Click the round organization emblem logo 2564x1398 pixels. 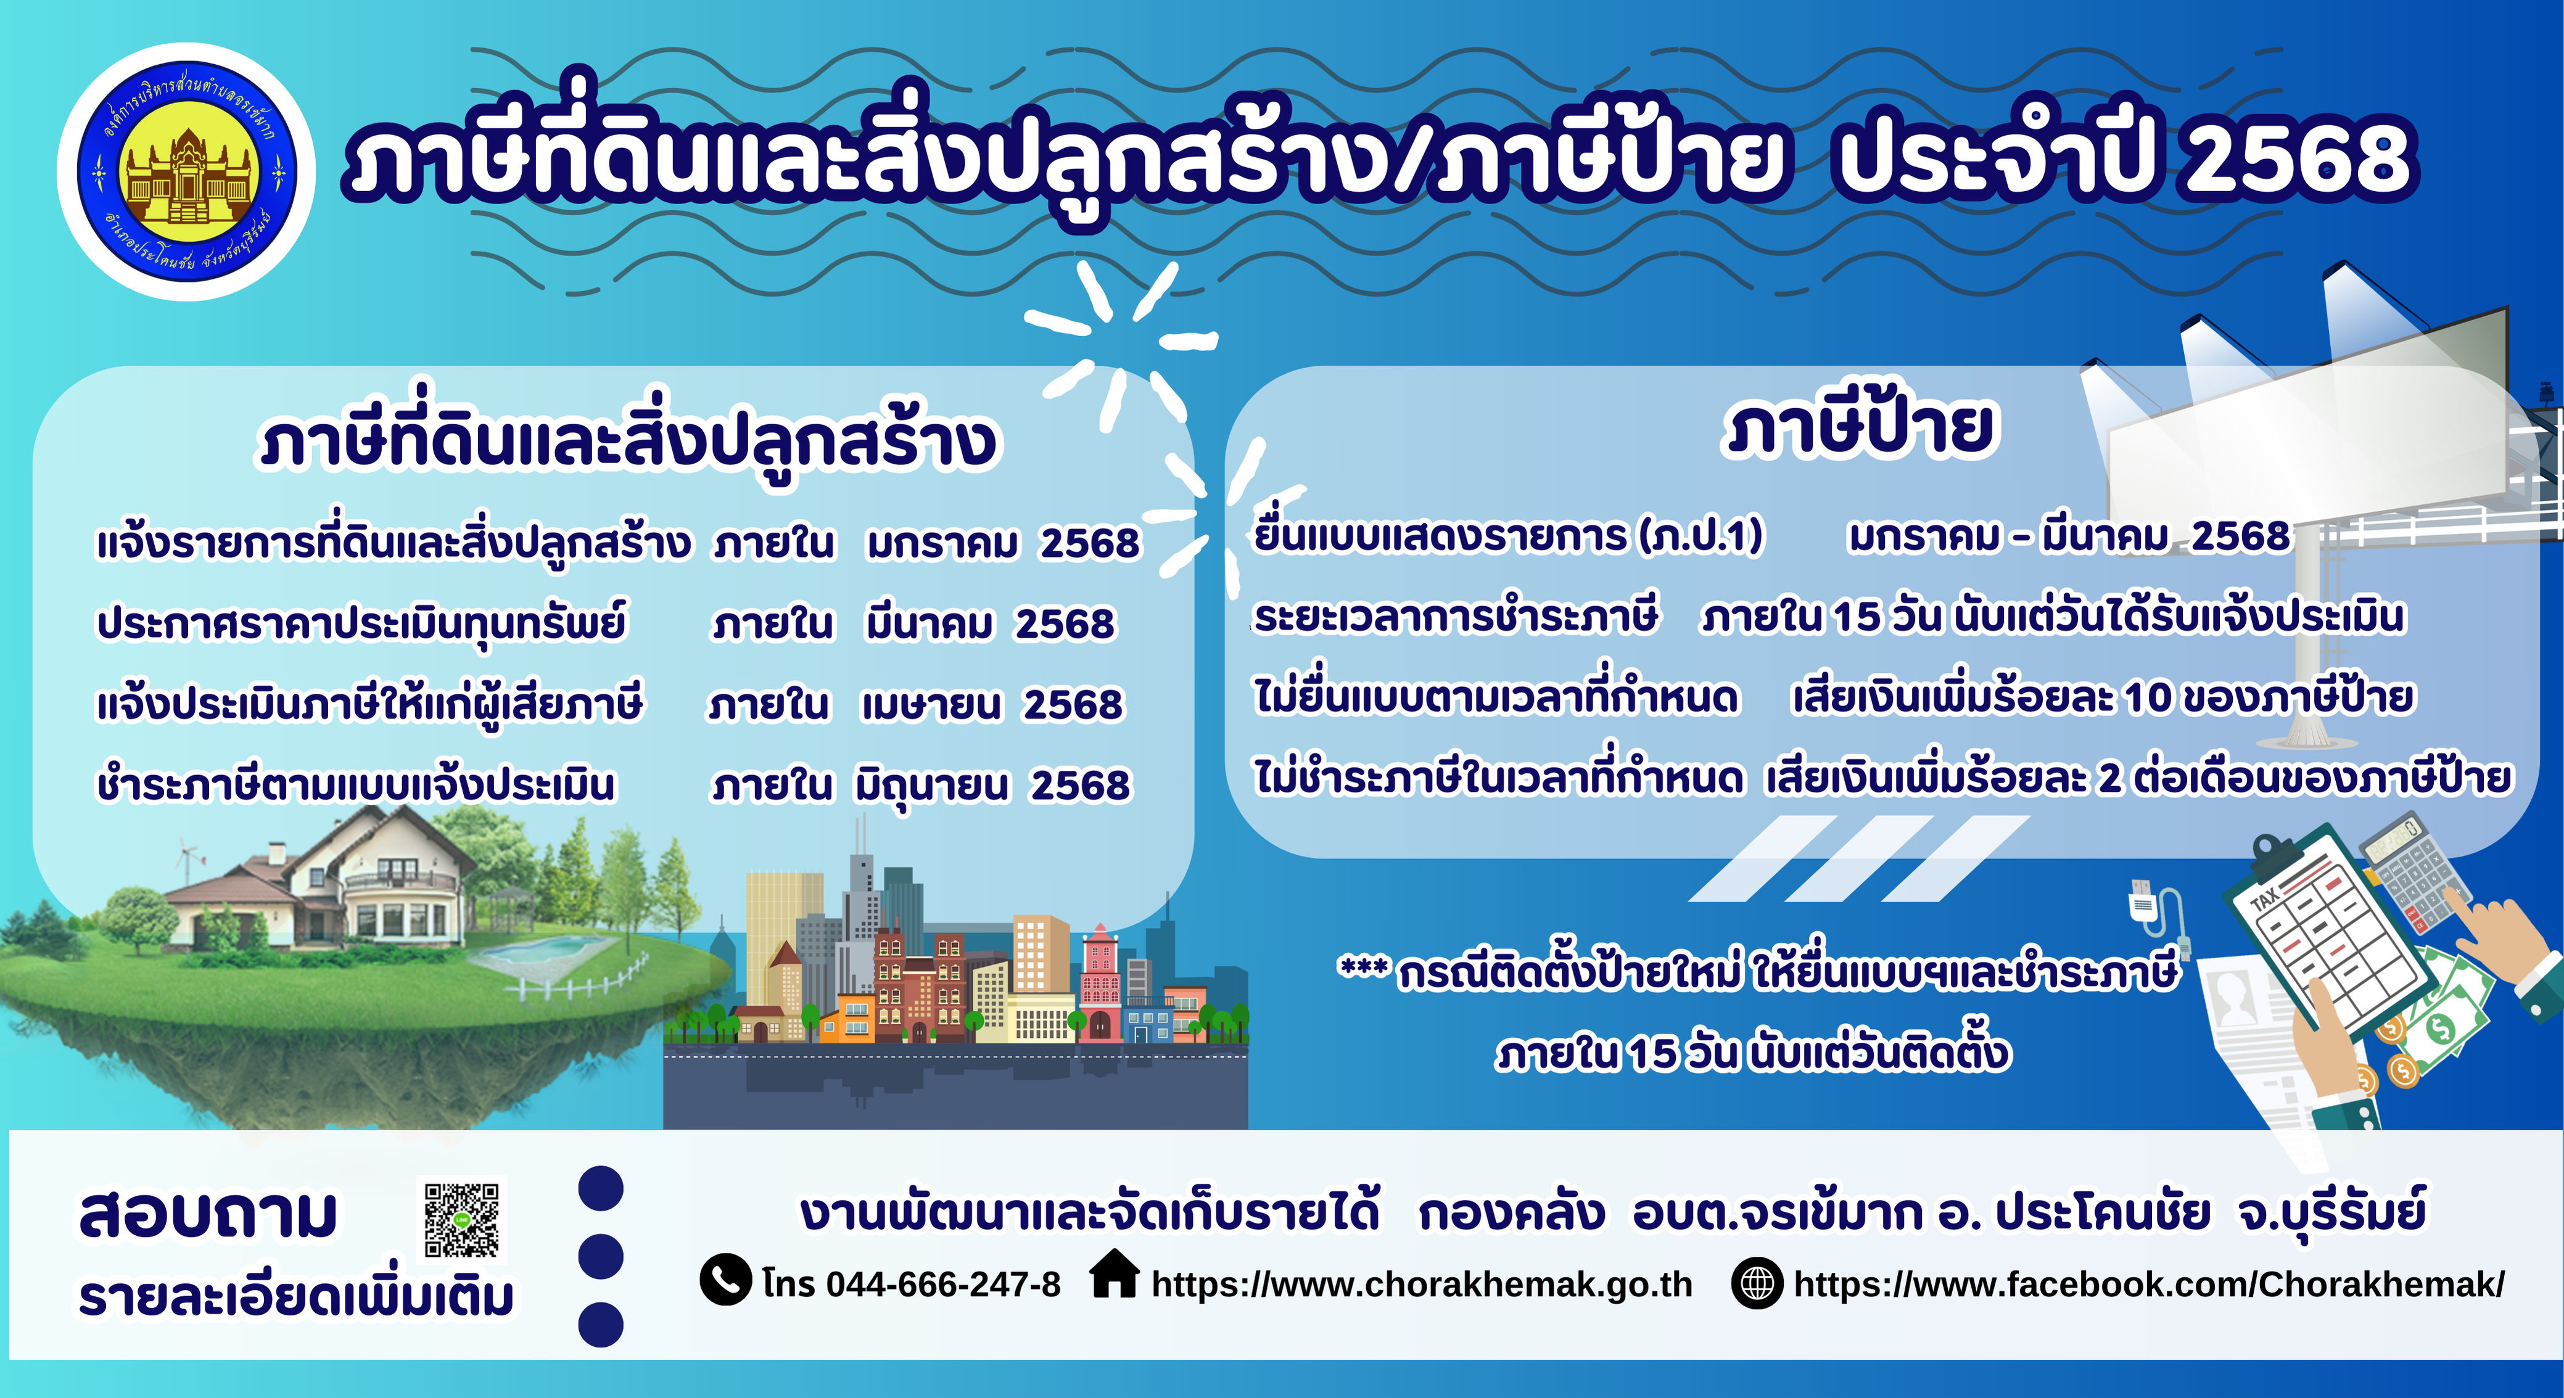[x=187, y=172]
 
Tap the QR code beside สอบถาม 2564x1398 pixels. [x=462, y=1220]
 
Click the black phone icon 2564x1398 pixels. [x=725, y=1280]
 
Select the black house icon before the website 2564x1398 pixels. [x=1115, y=1275]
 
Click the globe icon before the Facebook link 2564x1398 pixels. [x=1757, y=1283]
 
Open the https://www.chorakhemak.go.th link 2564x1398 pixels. [x=1421, y=1285]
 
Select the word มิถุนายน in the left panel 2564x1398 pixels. [x=931, y=786]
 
